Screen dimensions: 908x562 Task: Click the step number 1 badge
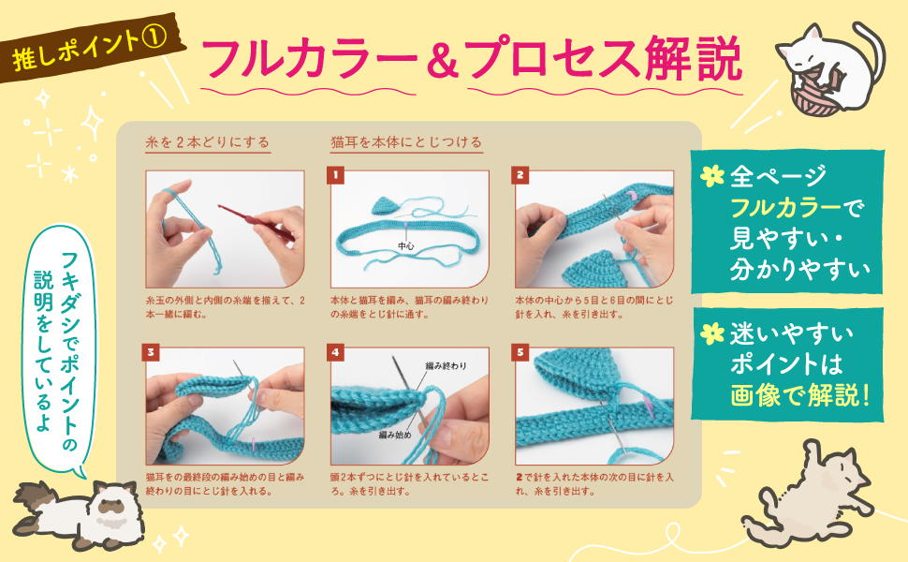point(335,175)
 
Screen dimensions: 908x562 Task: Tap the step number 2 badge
point(520,175)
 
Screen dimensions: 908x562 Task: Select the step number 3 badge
point(151,352)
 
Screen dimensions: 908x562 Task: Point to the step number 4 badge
point(335,352)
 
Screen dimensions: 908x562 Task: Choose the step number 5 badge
point(520,352)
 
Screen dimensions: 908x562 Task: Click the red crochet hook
point(256,222)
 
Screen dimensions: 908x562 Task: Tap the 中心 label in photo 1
point(405,246)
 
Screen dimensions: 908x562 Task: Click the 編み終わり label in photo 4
point(446,366)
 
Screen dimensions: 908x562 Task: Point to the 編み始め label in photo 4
point(395,435)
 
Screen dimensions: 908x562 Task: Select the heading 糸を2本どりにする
point(208,142)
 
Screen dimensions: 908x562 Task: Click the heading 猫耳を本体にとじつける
point(406,142)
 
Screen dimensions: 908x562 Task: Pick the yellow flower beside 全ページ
point(712,175)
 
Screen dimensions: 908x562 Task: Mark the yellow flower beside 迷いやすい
point(712,333)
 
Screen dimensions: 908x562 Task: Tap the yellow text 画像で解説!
point(799,395)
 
